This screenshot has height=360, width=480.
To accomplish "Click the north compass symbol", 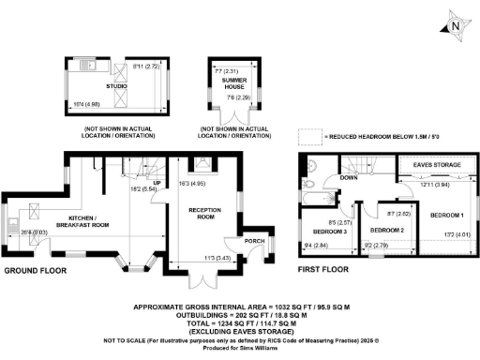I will [455, 26].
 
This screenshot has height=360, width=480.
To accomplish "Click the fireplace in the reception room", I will [205, 162].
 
